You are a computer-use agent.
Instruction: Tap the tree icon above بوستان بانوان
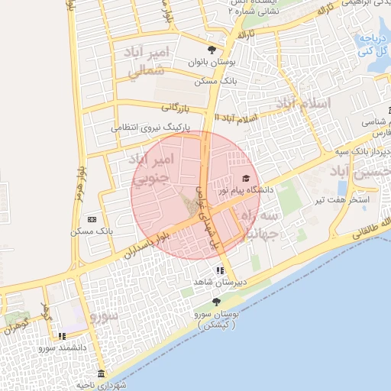(212, 50)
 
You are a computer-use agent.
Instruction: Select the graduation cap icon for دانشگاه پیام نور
(244, 179)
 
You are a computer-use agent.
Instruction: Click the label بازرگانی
(174, 109)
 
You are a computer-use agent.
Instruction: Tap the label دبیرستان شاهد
(212, 283)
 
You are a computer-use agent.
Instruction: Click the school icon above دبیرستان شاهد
(220, 270)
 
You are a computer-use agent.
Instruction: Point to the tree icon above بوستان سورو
(216, 302)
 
